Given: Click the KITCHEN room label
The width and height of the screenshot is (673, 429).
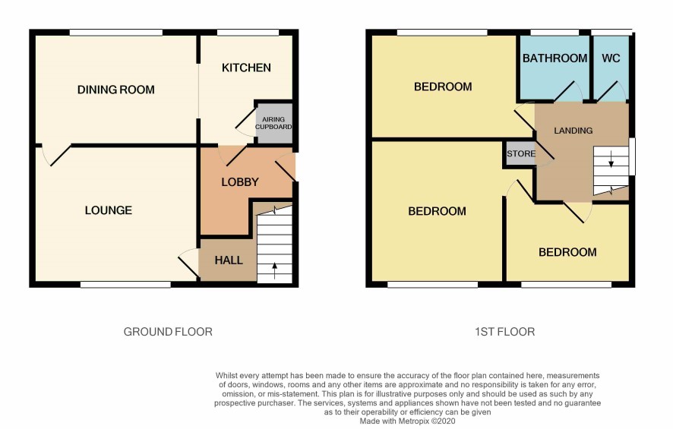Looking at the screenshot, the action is point(246,68).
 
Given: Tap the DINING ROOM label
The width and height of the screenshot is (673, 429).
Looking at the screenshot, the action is point(116,90).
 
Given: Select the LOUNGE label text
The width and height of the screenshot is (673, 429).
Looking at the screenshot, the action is point(108,210).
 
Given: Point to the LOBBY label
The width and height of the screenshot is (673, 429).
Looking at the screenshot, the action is point(240,182).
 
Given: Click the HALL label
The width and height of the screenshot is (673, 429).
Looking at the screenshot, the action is point(229,260).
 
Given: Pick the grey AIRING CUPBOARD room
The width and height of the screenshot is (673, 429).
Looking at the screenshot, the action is point(274,123).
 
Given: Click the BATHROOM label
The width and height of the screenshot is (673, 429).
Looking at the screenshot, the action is point(555,58).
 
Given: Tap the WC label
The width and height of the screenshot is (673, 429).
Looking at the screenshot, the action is point(611,58).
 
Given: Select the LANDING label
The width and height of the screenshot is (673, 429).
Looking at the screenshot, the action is point(573,131).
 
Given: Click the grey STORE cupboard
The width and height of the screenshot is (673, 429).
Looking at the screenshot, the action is point(520,153).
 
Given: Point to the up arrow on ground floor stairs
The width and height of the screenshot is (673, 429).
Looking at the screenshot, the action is point(275,271).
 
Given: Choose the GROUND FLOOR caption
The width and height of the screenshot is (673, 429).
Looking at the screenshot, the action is point(168,332).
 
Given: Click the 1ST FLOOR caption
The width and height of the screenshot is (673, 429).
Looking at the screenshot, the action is point(504,332).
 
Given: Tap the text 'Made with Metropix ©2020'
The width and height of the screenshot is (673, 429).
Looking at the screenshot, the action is point(407,421).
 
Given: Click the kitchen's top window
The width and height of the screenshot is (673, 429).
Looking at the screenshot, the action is point(248,33).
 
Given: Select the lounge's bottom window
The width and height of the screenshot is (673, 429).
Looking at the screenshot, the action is point(125,284).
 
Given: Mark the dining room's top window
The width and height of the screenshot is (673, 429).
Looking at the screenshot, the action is point(116,33).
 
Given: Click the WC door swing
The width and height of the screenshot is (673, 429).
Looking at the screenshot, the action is point(612,91).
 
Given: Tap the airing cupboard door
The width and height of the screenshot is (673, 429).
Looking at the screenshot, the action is point(246,122).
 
